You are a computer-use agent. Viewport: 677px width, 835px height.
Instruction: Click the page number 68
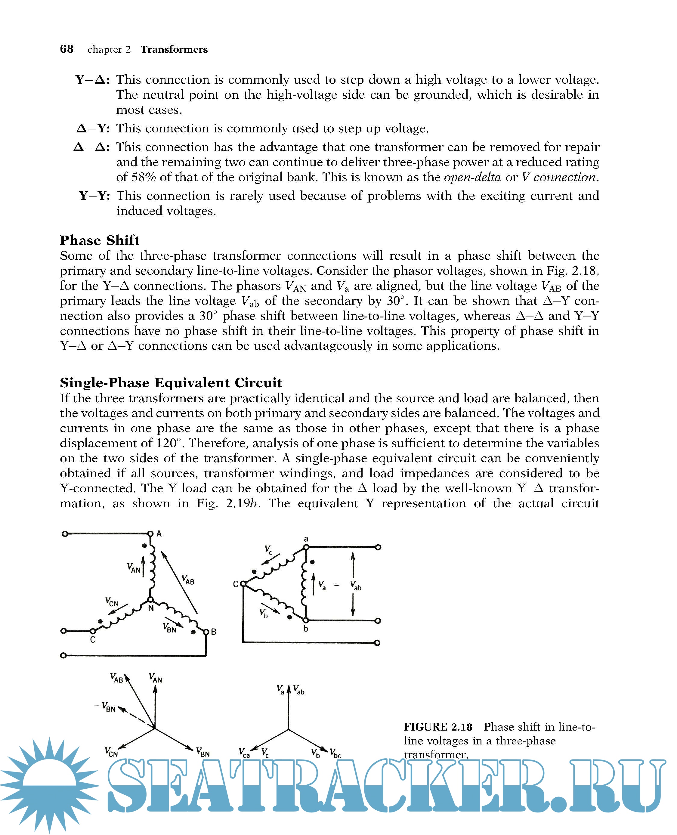pyautogui.click(x=67, y=49)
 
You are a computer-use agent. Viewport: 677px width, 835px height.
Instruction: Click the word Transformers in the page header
pyautogui.click(x=174, y=50)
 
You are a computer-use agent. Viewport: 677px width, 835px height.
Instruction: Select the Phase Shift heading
pyautogui.click(x=100, y=240)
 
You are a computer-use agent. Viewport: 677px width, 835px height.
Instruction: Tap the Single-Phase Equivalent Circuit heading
pyautogui.click(x=171, y=382)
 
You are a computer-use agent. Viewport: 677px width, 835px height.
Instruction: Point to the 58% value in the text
pyautogui.click(x=144, y=178)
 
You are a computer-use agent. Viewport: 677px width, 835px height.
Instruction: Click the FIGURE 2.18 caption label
pyautogui.click(x=438, y=727)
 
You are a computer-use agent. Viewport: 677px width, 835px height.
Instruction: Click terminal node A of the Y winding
pyautogui.click(x=150, y=533)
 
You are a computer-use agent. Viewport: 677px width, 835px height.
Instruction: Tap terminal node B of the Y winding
pyautogui.click(x=206, y=632)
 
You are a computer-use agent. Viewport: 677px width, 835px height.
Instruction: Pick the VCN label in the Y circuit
pyautogui.click(x=112, y=602)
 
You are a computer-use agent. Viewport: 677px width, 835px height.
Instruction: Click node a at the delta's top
pyautogui.click(x=306, y=547)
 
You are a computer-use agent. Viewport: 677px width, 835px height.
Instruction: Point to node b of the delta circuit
pyautogui.click(x=306, y=620)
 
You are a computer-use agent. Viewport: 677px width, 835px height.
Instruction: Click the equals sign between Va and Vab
pyautogui.click(x=337, y=585)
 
